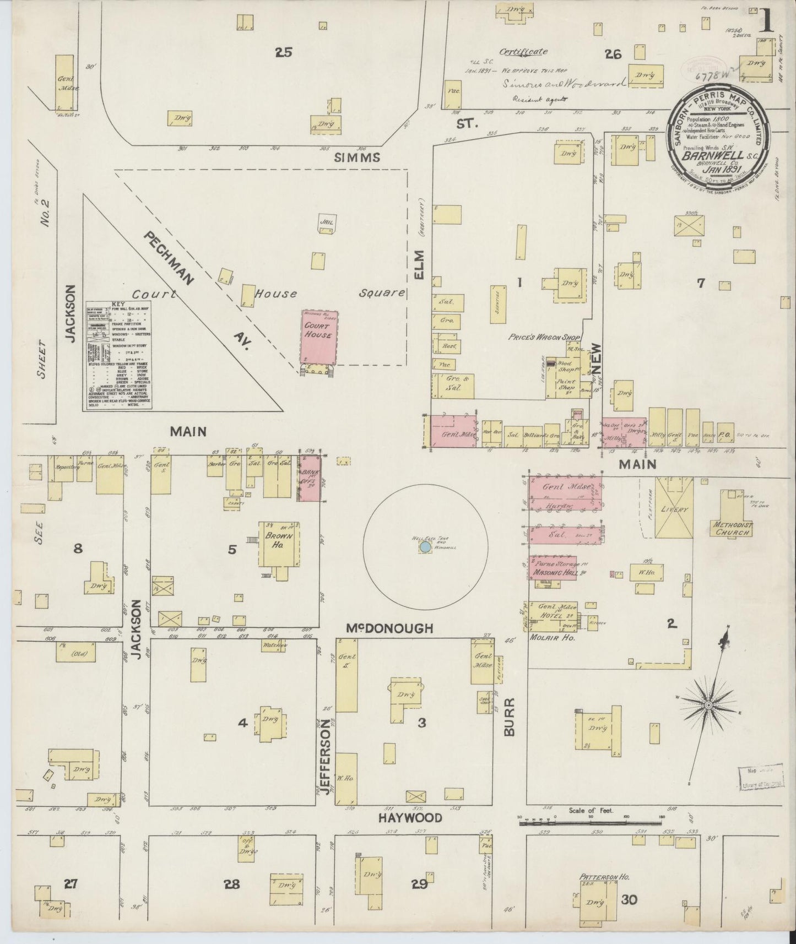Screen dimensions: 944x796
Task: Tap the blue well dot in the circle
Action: tap(425, 547)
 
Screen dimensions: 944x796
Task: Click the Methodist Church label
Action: tap(731, 529)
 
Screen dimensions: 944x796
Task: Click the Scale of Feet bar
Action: tap(590, 823)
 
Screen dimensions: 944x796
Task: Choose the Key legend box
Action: tap(118, 355)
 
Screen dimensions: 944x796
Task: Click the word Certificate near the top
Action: tap(523, 52)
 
